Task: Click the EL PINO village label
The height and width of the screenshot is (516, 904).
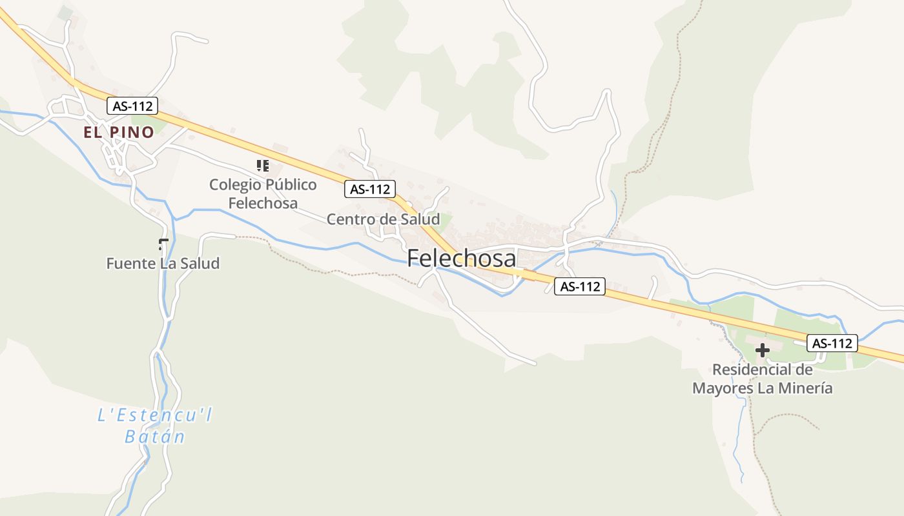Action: point(119,132)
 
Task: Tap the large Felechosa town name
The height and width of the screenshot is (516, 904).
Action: point(462,259)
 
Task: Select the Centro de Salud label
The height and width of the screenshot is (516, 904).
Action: point(383,219)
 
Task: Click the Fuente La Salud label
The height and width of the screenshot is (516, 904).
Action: point(163,263)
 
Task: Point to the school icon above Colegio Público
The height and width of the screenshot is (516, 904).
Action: point(262,166)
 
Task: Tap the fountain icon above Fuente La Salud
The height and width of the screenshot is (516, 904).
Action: point(163,244)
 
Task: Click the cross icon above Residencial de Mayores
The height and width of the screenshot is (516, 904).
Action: point(763,350)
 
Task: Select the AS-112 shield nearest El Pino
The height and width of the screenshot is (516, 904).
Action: point(132,106)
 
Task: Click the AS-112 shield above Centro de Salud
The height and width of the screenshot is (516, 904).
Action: point(369,189)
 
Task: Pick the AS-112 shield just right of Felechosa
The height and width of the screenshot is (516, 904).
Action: point(580,286)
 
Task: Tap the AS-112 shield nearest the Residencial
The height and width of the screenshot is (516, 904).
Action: point(833,343)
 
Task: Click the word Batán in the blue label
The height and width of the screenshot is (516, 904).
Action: point(155,437)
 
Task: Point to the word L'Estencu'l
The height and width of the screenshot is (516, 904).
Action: point(155,415)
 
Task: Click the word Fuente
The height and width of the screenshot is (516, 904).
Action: point(131,263)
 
